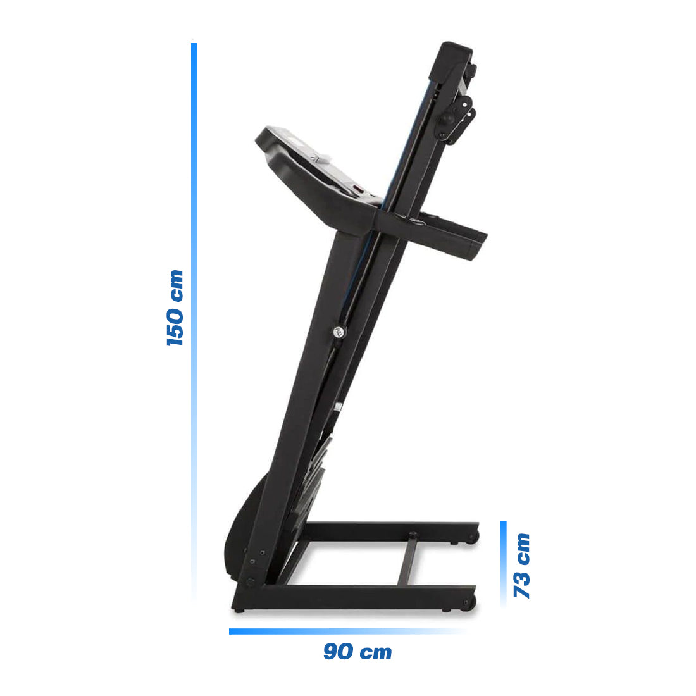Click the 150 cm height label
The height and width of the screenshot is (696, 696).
(175, 308)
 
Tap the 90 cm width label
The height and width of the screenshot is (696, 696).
(357, 652)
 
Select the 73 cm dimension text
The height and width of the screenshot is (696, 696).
(522, 566)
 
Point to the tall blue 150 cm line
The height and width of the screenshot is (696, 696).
(194, 316)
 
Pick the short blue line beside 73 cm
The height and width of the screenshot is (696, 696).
(504, 563)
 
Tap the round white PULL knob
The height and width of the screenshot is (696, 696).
(339, 332)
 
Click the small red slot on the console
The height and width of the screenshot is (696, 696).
(357, 188)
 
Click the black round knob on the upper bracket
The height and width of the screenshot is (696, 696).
(447, 118)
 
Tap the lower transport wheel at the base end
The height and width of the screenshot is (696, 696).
(469, 602)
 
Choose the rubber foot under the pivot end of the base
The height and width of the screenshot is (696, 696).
(239, 611)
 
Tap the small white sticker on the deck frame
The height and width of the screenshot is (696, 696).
(340, 407)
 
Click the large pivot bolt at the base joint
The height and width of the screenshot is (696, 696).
(251, 580)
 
